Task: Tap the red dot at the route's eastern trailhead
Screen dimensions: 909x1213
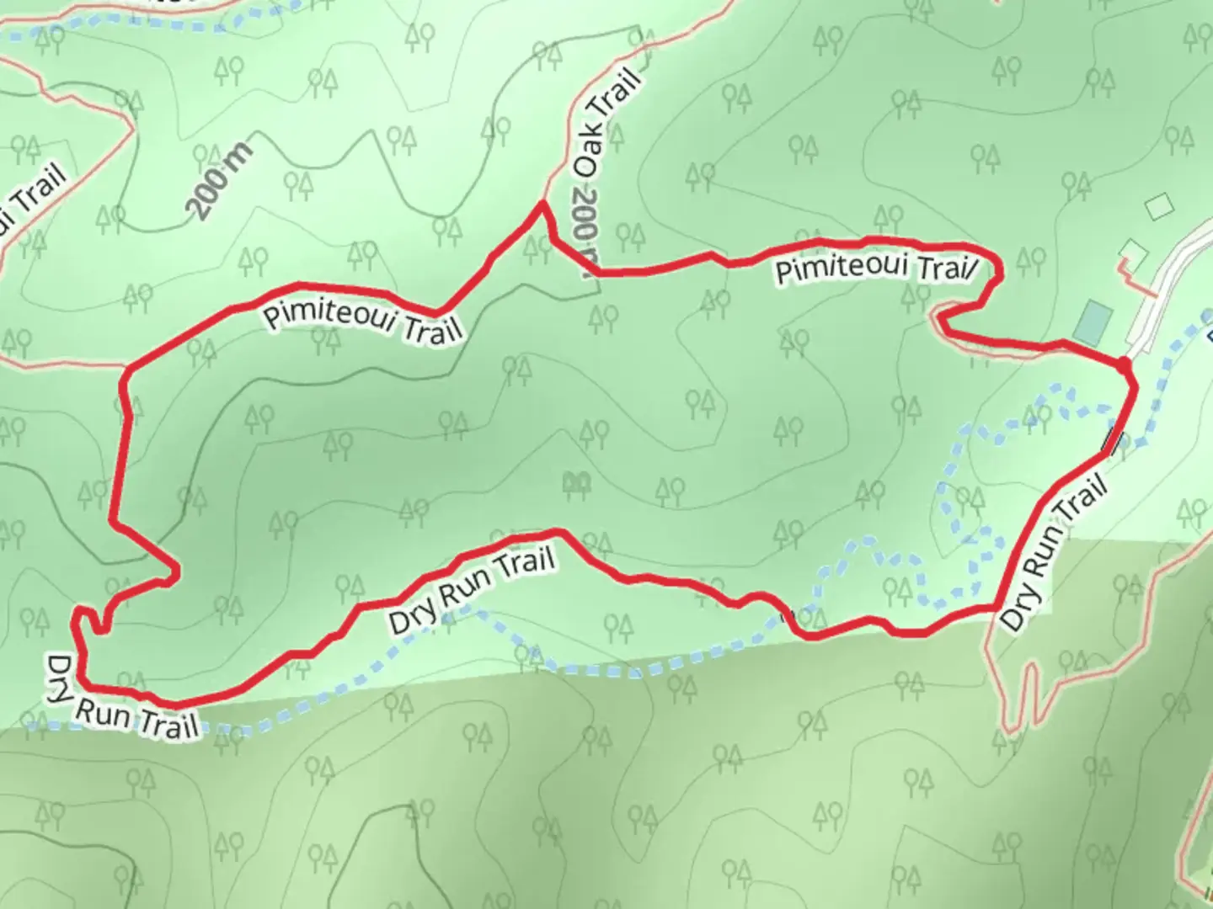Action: [1124, 364]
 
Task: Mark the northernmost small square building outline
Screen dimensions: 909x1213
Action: [1160, 205]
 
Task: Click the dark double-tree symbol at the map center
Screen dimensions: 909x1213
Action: [577, 483]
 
